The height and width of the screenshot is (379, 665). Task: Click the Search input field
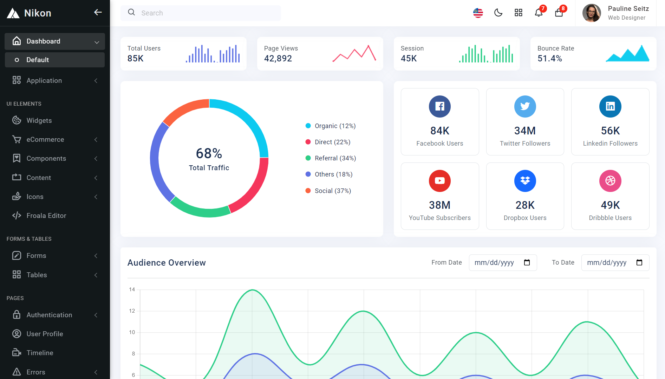(201, 13)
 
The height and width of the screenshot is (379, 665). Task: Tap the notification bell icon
(539, 13)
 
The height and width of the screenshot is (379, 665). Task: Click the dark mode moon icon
(498, 13)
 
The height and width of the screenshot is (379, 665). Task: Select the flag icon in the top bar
(478, 13)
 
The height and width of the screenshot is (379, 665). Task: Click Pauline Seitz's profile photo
(592, 13)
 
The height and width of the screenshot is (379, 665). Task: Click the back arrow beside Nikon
(98, 12)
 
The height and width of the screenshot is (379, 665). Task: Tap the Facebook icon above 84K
(440, 106)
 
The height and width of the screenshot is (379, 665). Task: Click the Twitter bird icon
(525, 106)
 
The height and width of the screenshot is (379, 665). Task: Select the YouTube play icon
(440, 181)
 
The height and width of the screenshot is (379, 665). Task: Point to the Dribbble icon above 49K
(610, 181)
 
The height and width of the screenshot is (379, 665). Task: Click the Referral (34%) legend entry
(331, 158)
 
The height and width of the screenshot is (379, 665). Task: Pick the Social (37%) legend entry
(328, 191)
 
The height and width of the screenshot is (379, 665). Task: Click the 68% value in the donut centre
(209, 153)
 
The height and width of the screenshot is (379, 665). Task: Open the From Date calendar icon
(527, 262)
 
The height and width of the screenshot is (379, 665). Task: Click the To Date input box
(615, 262)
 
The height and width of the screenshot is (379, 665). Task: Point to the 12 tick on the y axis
(132, 311)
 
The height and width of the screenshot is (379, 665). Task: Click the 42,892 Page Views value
(278, 59)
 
